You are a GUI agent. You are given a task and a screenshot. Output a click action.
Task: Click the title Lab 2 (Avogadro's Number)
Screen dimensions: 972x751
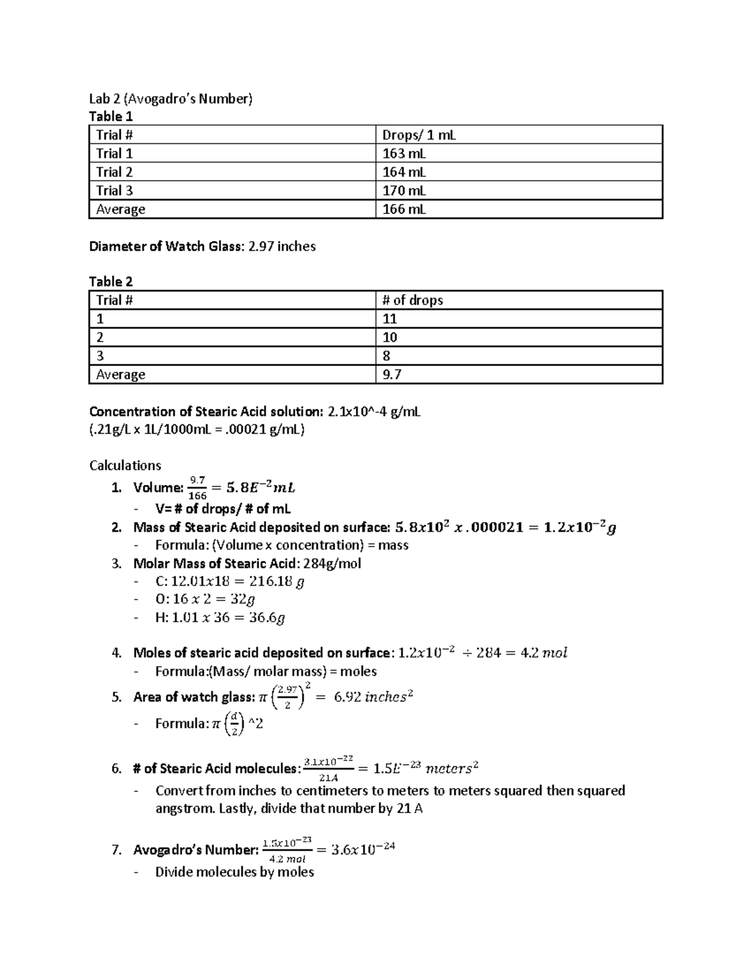pyautogui.click(x=171, y=98)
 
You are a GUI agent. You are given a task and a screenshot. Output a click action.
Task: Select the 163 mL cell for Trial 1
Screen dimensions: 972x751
pyautogui.click(x=404, y=153)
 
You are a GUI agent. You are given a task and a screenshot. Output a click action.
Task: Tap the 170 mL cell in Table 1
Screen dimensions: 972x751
pyautogui.click(x=404, y=190)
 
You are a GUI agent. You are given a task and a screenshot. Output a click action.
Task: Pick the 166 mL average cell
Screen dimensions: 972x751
pyautogui.click(x=404, y=209)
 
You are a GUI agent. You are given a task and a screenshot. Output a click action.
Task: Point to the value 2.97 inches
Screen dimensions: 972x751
pyautogui.click(x=282, y=247)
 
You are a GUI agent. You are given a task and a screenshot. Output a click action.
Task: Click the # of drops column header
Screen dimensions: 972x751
pyautogui.click(x=412, y=300)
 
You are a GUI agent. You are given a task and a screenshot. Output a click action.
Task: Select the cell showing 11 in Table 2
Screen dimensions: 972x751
pyautogui.click(x=390, y=319)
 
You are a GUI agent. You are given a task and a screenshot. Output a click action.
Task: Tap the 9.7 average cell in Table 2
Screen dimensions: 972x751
pyautogui.click(x=392, y=374)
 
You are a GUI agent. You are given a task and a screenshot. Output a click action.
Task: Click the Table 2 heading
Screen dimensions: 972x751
pyautogui.click(x=111, y=282)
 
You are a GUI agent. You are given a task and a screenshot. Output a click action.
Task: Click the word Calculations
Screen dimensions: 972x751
pyautogui.click(x=125, y=465)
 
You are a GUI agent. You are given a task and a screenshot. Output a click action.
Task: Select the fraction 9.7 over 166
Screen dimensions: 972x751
pyautogui.click(x=198, y=488)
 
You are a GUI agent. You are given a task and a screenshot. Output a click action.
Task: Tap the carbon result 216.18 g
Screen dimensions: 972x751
pyautogui.click(x=273, y=581)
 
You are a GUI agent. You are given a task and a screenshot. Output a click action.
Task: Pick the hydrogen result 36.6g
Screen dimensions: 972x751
pyautogui.click(x=259, y=618)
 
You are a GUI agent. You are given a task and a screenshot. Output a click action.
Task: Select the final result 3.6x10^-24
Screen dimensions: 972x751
pyautogui.click(x=363, y=849)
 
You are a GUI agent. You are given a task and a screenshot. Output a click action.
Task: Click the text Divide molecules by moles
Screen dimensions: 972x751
pyautogui.click(x=234, y=872)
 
